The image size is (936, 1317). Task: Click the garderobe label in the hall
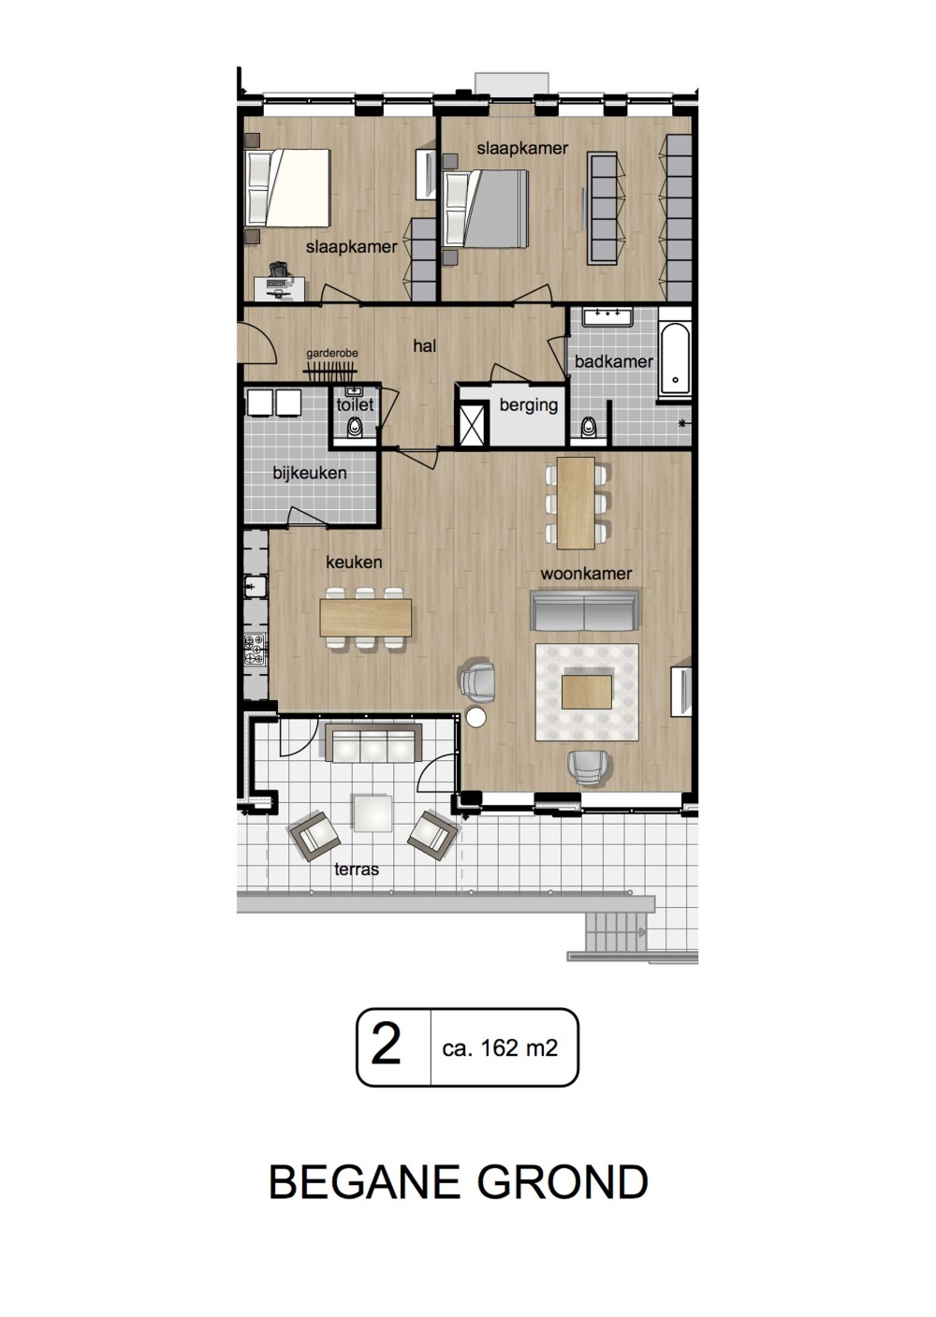[x=332, y=354]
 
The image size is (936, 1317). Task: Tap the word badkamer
[x=614, y=361]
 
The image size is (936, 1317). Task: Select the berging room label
[x=529, y=405]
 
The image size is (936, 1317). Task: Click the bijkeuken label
[x=310, y=473]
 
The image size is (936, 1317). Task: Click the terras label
[x=357, y=869]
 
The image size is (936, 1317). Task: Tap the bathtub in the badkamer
[x=675, y=359]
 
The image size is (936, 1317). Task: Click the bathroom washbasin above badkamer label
[x=607, y=317]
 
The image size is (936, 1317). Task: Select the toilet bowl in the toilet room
[x=355, y=427]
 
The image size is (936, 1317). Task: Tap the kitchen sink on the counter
[x=256, y=586]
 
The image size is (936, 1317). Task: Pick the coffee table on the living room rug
[x=587, y=692]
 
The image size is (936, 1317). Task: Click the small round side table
[x=475, y=717]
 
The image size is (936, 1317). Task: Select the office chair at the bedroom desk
[x=280, y=270]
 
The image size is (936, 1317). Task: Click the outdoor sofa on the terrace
[x=373, y=743]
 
